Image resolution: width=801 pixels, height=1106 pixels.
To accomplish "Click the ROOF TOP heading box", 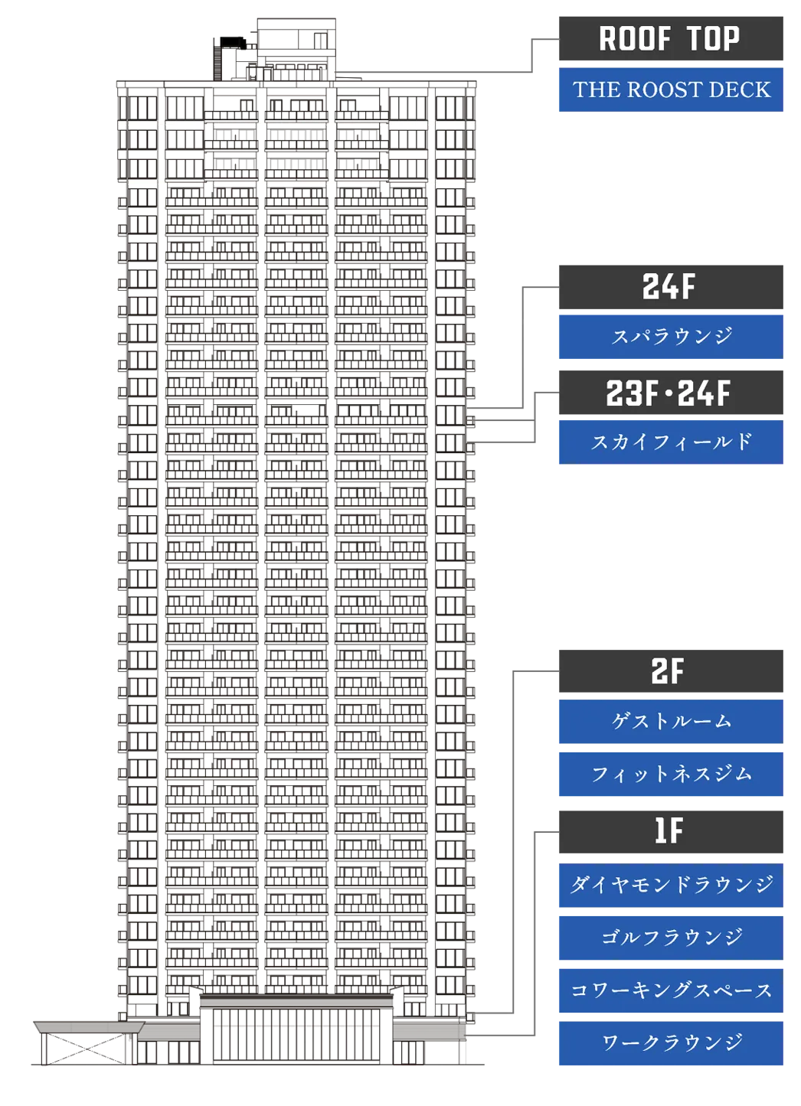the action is (x=671, y=38).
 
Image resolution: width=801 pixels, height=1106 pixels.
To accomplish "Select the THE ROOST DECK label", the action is (x=671, y=90).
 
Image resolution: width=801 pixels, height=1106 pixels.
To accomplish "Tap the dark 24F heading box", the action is (x=671, y=287).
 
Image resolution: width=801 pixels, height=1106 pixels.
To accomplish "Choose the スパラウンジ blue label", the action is (x=671, y=337).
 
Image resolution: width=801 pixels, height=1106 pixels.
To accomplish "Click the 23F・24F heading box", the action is (x=671, y=393).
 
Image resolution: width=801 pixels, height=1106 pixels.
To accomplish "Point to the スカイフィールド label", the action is (x=671, y=442).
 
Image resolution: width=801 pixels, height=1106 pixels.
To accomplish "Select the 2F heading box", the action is (x=671, y=671).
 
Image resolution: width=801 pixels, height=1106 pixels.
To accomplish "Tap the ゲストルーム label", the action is (x=671, y=721).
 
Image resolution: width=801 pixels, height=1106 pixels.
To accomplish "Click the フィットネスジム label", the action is (x=671, y=775).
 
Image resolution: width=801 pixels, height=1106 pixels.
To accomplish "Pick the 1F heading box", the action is (x=671, y=832).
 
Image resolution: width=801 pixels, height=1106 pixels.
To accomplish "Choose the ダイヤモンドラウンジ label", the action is (x=671, y=886).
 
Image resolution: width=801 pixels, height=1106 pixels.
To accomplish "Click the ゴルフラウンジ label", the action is (x=671, y=938).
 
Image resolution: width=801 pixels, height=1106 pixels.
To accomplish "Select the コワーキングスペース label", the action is (x=671, y=990).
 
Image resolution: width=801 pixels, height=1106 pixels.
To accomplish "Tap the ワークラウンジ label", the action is (x=671, y=1043).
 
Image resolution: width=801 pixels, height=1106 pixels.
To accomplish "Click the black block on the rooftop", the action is (x=232, y=43).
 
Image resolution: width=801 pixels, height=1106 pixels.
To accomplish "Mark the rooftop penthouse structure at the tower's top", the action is (x=296, y=50).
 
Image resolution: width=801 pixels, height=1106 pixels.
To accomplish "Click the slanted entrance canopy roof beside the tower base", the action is (x=89, y=1027).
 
